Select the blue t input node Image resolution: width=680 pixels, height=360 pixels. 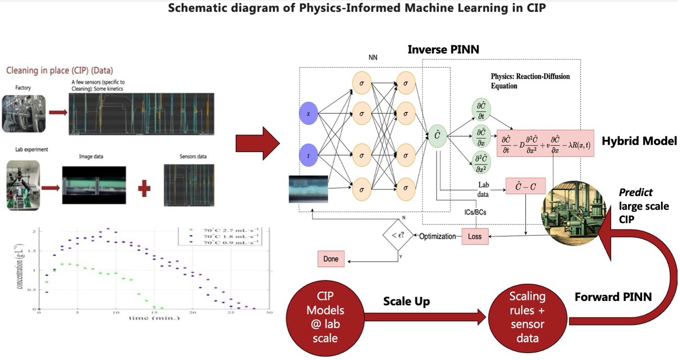(309, 156)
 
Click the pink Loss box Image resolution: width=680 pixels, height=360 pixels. (474, 236)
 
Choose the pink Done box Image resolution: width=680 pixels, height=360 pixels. (331, 259)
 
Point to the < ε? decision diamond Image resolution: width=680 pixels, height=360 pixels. (397, 236)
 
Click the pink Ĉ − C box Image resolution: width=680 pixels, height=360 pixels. (525, 186)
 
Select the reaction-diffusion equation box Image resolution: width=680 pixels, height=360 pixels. (545, 143)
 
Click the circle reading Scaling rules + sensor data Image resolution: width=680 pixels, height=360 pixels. (527, 317)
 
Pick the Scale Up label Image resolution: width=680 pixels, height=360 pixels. (406, 301)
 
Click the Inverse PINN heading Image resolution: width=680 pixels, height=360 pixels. (443, 50)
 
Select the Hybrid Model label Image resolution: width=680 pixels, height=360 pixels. (640, 141)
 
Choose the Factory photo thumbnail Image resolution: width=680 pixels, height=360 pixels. (24, 113)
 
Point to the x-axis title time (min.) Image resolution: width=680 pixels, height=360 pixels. (154, 318)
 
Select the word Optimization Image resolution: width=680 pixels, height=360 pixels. (437, 236)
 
